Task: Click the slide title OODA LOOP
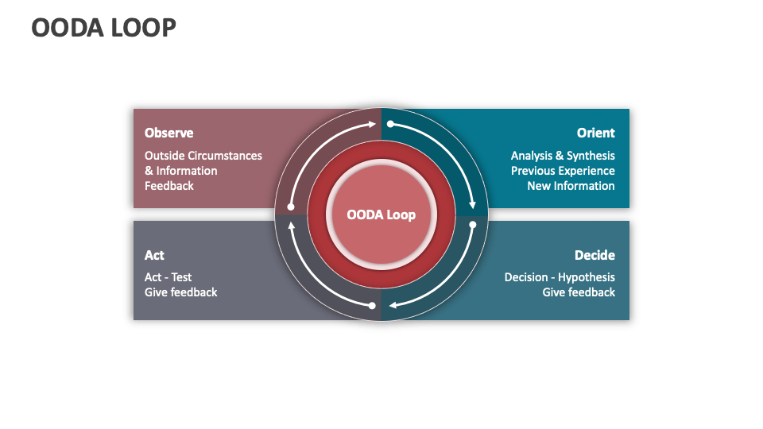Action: click(103, 27)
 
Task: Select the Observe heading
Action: click(168, 133)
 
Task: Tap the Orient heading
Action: click(595, 133)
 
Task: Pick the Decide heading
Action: click(595, 255)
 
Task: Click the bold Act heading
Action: click(154, 255)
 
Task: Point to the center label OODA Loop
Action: click(381, 214)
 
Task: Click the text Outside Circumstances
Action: click(203, 156)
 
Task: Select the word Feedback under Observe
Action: click(168, 186)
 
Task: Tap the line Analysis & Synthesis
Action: click(563, 156)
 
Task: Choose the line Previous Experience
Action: click(563, 171)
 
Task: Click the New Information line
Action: click(571, 186)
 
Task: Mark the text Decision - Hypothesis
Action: click(560, 277)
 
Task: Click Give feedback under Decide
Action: click(579, 292)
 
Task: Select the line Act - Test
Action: click(168, 277)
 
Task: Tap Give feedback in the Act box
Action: click(180, 292)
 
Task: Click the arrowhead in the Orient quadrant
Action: click(472, 203)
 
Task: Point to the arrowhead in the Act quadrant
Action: click(291, 226)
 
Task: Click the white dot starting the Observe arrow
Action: click(291, 207)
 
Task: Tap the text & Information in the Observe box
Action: click(180, 171)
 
